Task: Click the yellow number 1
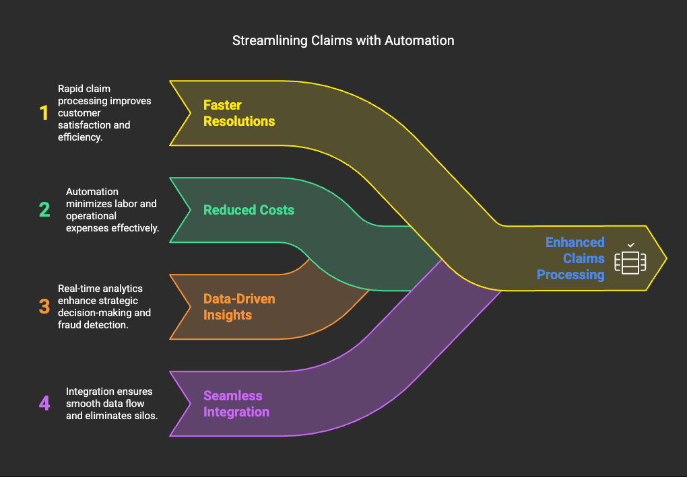click(44, 113)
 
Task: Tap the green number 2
click(44, 210)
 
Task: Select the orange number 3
click(44, 306)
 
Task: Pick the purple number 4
click(44, 403)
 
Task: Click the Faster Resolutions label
click(239, 113)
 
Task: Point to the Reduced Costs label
click(249, 210)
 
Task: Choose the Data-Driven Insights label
click(239, 307)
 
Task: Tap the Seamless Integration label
click(236, 404)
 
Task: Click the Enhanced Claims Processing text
click(570, 258)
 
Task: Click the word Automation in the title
click(420, 40)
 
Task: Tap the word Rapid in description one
click(70, 89)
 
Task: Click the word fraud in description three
click(69, 325)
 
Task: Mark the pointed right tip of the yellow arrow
click(666, 258)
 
